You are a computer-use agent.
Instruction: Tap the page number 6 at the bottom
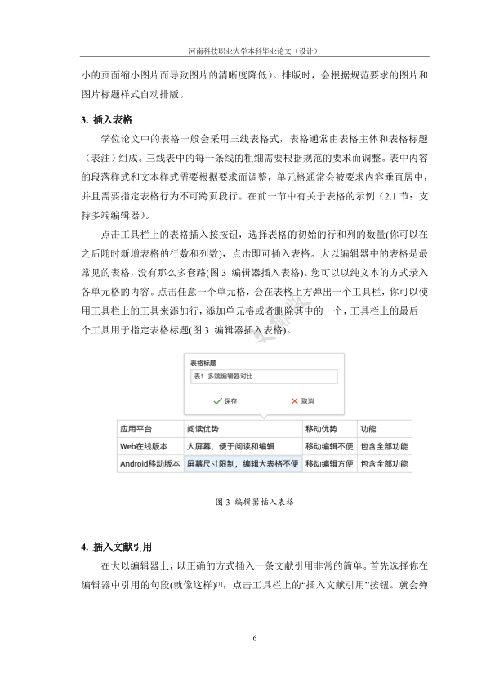point(255,638)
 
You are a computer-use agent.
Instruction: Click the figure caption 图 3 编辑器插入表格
point(254,501)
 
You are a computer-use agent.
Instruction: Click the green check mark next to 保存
point(217,401)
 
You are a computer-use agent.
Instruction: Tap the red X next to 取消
point(295,401)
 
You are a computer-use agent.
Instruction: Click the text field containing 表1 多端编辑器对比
point(262,377)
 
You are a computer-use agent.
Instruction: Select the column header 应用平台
point(136,428)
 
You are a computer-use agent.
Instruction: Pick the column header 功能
point(368,428)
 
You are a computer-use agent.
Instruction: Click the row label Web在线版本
point(144,446)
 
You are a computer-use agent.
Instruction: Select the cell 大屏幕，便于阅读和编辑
point(231,446)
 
